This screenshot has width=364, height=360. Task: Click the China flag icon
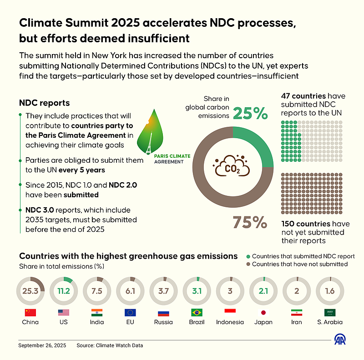point(30,313)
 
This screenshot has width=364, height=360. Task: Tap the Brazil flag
point(197,313)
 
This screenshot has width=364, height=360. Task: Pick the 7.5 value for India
point(96,291)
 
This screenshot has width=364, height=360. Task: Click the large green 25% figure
point(250,114)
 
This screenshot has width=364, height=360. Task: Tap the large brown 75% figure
point(249,222)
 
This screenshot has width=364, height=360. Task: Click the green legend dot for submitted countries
point(248,256)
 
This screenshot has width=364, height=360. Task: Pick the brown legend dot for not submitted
point(248,264)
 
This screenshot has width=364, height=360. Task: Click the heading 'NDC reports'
point(44,103)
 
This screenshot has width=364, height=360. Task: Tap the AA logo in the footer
point(340,340)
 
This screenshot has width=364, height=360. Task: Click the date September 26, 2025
point(42,345)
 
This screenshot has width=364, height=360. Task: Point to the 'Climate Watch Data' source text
point(119,345)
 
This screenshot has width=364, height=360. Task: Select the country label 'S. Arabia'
point(330,322)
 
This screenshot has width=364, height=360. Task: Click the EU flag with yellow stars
point(130,313)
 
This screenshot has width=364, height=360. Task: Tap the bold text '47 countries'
point(304,96)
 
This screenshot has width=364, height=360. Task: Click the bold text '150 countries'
point(306,224)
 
